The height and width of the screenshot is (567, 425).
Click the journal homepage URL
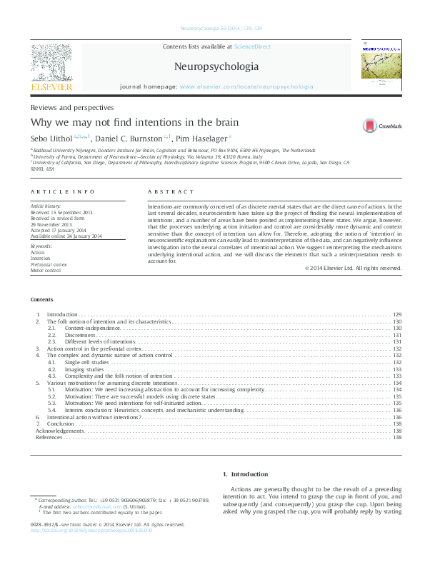(x=246, y=86)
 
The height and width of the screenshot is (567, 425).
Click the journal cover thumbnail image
(x=381, y=64)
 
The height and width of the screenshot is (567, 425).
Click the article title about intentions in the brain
(x=134, y=122)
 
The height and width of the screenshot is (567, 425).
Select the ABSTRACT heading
(x=171, y=192)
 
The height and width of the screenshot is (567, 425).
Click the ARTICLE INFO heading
(x=64, y=192)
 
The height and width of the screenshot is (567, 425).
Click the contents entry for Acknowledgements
(x=61, y=431)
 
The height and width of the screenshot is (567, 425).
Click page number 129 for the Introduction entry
(x=397, y=334)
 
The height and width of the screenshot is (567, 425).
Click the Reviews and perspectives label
(x=71, y=106)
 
